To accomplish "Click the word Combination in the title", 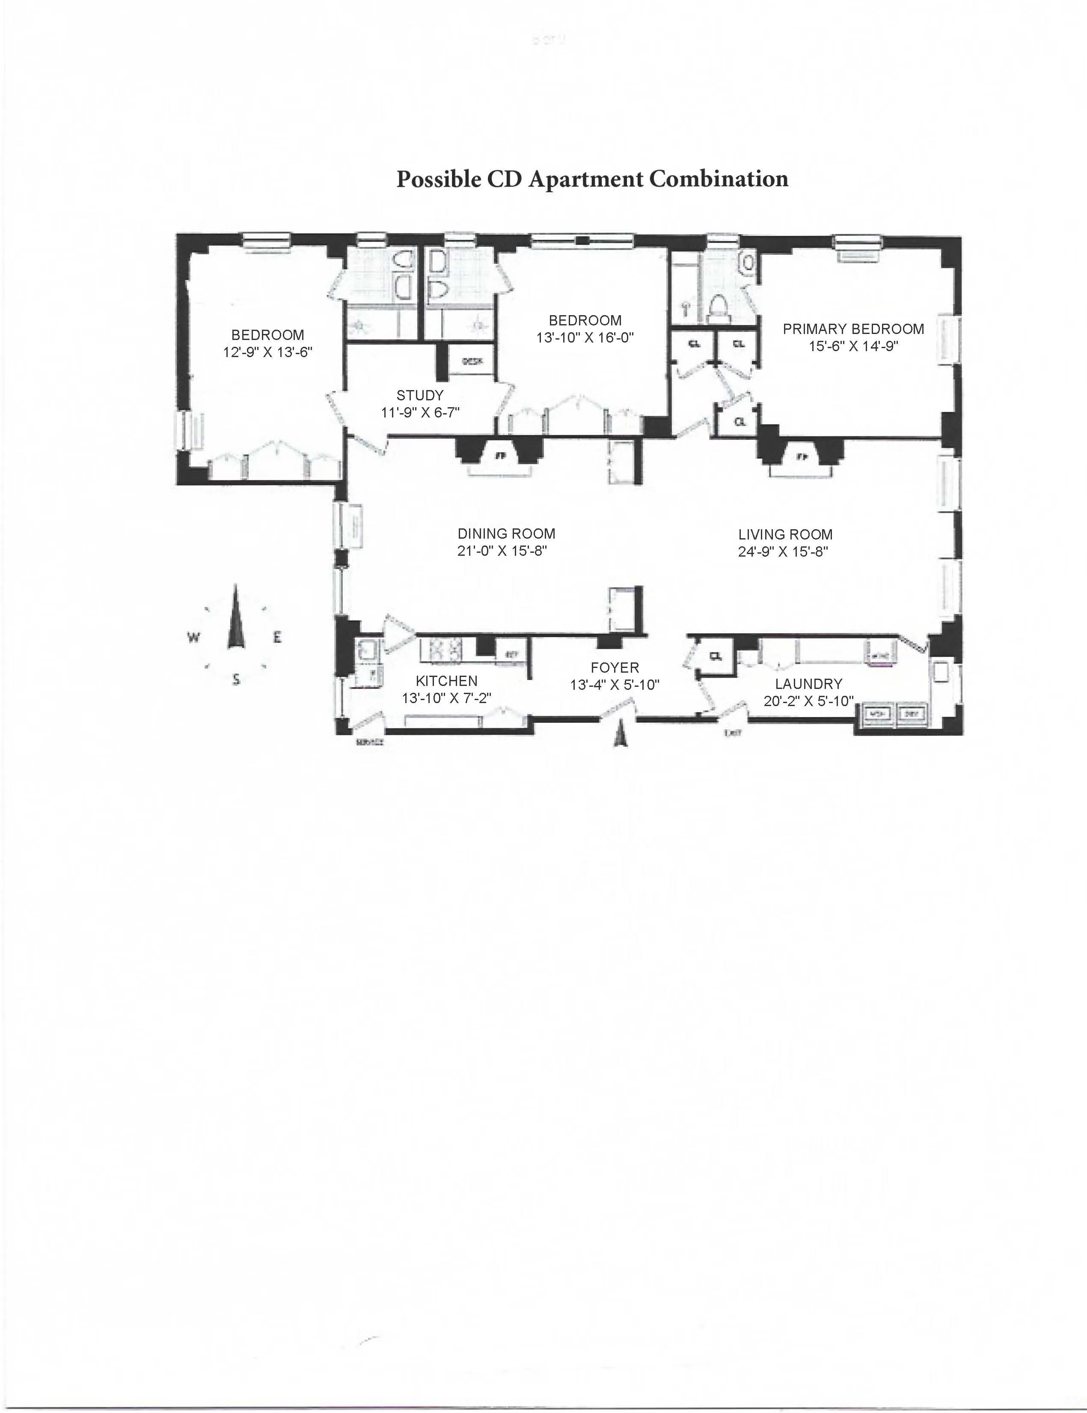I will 719,179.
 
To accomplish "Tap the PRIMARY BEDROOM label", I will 853,329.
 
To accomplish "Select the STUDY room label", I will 420,395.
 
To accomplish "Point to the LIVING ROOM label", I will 785,534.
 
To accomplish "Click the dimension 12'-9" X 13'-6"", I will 268,352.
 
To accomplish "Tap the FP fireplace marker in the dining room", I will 499,456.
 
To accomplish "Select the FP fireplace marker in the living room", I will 802,457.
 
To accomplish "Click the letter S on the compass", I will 236,680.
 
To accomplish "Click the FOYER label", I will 614,668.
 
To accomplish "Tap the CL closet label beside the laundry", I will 715,656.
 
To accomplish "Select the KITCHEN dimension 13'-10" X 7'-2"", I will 446,698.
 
